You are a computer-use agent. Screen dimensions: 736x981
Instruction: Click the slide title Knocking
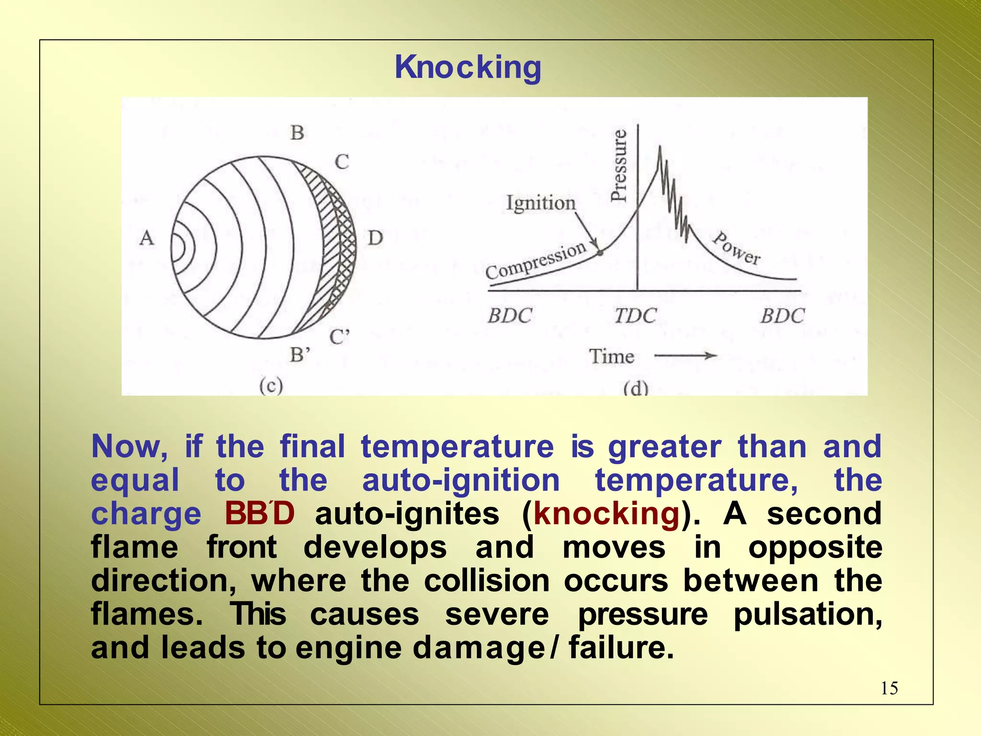[468, 67]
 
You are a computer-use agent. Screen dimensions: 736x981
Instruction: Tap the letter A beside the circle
[147, 238]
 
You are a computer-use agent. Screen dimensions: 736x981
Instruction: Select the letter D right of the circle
[375, 238]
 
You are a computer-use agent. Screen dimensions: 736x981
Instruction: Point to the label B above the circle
[297, 133]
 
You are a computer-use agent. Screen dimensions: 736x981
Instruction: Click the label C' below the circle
[340, 337]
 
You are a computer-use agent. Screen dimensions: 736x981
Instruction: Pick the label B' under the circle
[300, 355]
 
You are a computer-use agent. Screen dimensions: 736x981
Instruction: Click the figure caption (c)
[271, 385]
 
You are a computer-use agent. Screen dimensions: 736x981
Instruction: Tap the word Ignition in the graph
[541, 203]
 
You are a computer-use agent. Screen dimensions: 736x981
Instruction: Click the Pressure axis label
[619, 165]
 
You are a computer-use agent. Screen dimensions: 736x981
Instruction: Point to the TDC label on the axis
[635, 316]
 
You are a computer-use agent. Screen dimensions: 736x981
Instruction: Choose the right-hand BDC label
[783, 316]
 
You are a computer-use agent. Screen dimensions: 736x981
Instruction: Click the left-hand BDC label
[510, 316]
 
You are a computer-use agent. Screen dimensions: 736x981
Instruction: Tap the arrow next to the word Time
[685, 356]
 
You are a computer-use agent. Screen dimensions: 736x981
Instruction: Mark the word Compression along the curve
[536, 261]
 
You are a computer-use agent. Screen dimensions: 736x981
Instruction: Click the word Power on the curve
[736, 248]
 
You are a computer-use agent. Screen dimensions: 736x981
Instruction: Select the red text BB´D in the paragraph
[259, 514]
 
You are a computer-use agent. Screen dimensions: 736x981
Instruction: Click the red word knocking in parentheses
[606, 514]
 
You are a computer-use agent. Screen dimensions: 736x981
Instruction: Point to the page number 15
[889, 689]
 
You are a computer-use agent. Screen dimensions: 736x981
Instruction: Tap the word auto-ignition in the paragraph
[461, 480]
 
